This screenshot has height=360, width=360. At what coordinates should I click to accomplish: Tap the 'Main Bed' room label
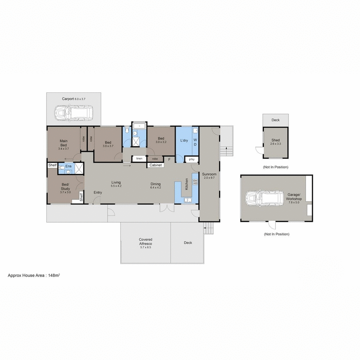pos(64,143)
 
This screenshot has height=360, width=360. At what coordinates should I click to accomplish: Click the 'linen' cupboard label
pos(139,159)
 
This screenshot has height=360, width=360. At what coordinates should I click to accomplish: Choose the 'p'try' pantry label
pos(191,159)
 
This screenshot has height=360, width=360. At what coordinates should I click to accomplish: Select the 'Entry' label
pos(98,193)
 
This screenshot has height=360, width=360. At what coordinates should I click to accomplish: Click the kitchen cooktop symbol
pos(195,182)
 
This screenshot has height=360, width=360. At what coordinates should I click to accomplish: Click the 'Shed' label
pos(275,140)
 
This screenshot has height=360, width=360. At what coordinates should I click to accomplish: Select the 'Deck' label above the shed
pos(275,120)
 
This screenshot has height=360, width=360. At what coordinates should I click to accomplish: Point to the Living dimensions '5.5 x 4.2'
pos(117,185)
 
